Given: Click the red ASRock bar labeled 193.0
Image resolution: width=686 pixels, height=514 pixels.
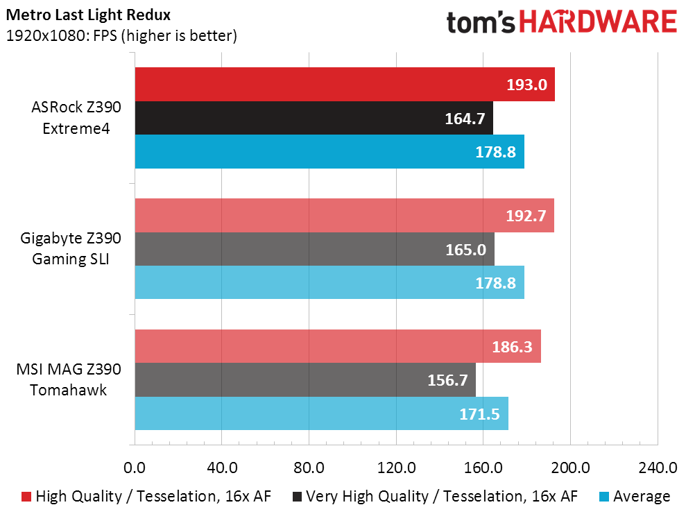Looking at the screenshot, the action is click(x=345, y=85).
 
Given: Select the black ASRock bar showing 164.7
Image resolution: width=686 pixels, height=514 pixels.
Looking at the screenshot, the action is click(x=314, y=118).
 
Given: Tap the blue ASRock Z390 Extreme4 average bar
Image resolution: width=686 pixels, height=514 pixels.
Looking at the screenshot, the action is click(x=329, y=151).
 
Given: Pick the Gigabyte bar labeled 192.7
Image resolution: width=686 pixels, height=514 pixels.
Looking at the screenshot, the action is click(x=344, y=216).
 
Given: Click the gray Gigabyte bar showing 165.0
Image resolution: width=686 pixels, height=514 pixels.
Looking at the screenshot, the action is click(x=315, y=249).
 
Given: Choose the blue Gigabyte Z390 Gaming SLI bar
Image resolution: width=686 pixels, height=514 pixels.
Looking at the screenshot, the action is click(x=329, y=282).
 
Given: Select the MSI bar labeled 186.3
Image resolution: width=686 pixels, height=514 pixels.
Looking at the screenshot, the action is click(x=338, y=346).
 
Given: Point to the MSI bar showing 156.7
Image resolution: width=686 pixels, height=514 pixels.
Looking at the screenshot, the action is click(x=305, y=379).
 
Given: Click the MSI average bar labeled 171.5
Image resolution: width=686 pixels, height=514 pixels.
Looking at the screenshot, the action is click(x=322, y=413).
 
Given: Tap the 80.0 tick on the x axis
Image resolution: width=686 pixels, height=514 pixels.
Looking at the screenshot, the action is click(x=309, y=468).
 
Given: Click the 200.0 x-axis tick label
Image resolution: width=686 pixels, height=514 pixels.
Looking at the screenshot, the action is click(x=570, y=468).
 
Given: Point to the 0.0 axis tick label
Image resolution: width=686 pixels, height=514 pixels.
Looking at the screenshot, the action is click(x=135, y=468).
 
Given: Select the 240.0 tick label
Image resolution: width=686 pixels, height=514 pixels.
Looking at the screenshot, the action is click(x=658, y=468).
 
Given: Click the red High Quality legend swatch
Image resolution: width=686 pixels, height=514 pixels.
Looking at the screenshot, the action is click(x=26, y=497).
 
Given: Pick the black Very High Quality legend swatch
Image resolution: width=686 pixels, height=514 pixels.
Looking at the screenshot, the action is click(x=297, y=497).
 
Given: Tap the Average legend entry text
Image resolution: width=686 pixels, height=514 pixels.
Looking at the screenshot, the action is click(x=642, y=497).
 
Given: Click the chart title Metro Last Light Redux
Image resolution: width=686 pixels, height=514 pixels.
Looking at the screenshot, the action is click(x=88, y=15).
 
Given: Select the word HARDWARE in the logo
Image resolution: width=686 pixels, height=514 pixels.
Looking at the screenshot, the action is click(x=598, y=22).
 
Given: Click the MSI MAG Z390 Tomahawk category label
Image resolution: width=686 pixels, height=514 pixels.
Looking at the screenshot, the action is click(x=69, y=379).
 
